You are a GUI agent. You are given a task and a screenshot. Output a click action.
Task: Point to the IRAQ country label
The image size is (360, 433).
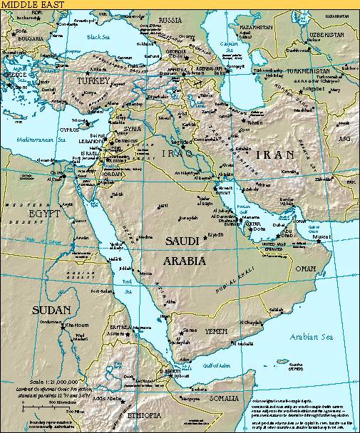tap(175, 153)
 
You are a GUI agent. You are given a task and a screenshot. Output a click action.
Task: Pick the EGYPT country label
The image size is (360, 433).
tap(43, 213)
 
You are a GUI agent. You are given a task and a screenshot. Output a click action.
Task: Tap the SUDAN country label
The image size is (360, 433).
tap(51, 310)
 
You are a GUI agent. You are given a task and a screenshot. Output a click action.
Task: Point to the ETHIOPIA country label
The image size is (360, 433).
tap(144, 414)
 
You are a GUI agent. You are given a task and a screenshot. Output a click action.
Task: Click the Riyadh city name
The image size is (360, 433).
tap(216, 234)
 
